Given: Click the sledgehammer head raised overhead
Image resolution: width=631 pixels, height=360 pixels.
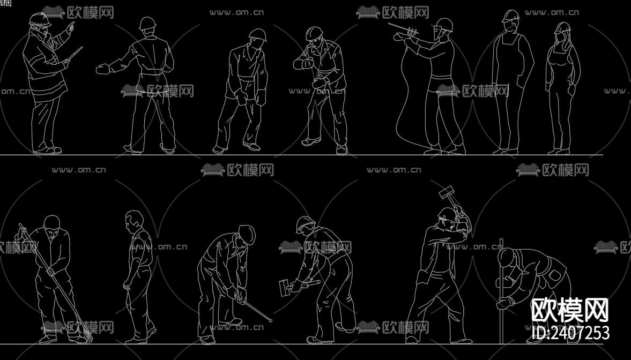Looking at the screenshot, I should [x=447, y=191].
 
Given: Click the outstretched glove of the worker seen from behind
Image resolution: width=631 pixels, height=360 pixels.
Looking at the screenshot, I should [x=103, y=69].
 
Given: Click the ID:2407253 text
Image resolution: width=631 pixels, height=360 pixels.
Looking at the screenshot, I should [x=569, y=333].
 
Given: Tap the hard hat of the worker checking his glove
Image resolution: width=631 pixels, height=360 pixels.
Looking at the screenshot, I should [x=314, y=33].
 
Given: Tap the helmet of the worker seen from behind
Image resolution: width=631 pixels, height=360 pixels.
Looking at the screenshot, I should [x=147, y=23].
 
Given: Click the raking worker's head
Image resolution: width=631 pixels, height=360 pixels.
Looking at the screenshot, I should [x=51, y=224].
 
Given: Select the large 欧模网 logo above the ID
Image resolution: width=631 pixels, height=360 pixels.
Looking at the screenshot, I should [x=569, y=310].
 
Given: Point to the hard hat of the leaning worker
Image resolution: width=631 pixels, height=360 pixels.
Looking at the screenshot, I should [x=258, y=34].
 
